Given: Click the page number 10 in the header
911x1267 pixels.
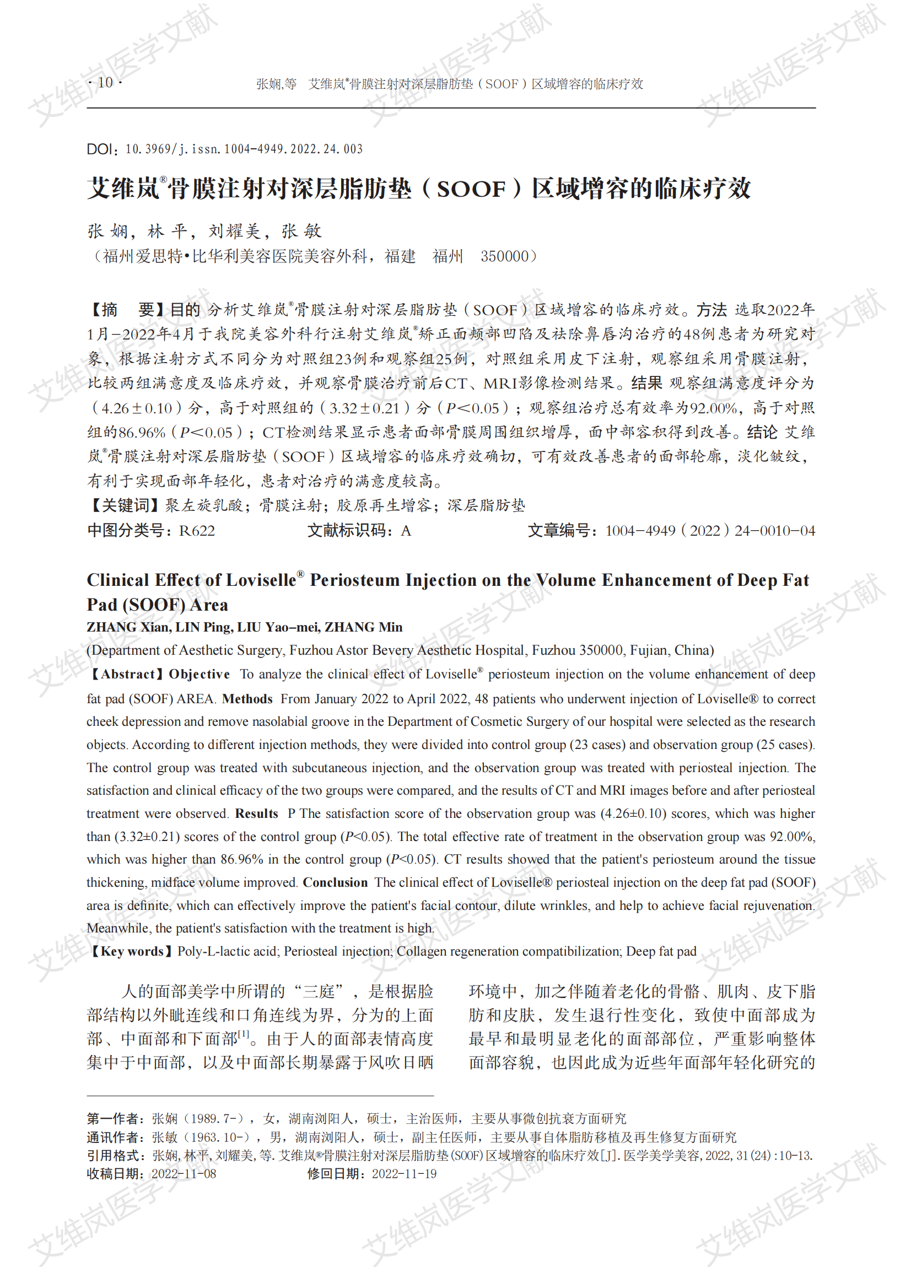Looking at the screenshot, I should coord(105,83).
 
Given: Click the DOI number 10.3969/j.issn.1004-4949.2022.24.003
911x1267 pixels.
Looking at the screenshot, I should coord(244,149).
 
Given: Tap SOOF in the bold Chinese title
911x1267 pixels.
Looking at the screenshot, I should coord(471,189).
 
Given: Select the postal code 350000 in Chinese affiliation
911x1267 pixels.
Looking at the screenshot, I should coord(504,256).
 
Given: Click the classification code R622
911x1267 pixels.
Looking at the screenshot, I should coord(197,531).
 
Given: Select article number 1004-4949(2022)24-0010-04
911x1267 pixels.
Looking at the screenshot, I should coord(709,531).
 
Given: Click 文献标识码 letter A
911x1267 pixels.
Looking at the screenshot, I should coord(406,531).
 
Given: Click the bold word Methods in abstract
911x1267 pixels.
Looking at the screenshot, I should coord(247,699).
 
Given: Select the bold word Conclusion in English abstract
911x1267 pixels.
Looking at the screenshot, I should coord(335,883).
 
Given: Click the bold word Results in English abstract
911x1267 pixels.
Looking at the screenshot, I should coord(256,813).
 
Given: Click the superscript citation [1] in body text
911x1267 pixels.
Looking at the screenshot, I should coord(244,1034).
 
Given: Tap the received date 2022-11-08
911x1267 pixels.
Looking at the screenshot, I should coord(184,1174).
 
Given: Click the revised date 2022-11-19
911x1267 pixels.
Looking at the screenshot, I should coord(405,1174).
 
